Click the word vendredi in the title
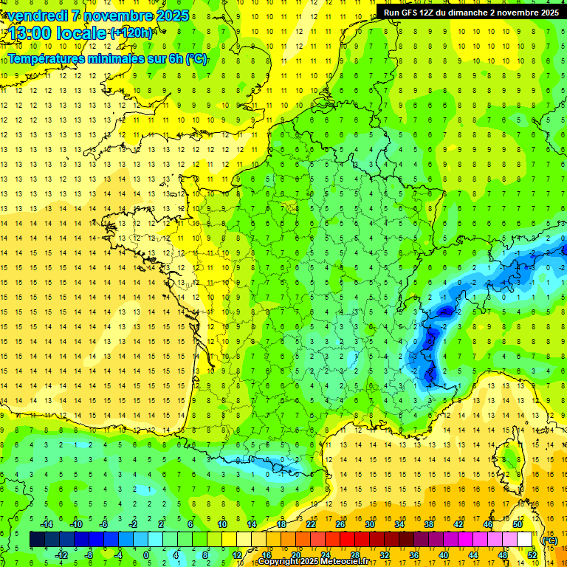(38, 16)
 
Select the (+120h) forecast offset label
(131, 32)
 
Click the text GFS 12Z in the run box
(417, 13)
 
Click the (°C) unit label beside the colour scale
(549, 540)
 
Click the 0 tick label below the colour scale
(146, 554)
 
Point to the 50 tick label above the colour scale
(518, 523)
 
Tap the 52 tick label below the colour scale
(532, 554)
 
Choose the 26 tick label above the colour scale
(340, 523)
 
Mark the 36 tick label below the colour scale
(413, 554)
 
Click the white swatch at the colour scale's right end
(525, 539)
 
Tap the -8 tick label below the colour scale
(89, 554)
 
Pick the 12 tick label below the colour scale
(236, 554)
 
